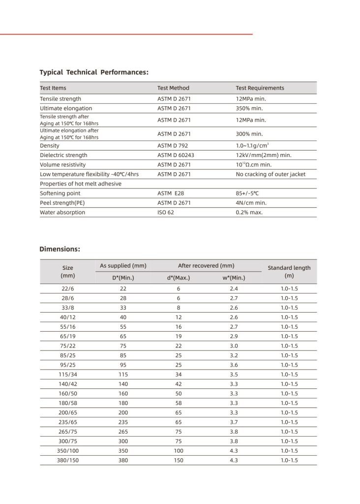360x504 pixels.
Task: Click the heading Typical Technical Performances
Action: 94,72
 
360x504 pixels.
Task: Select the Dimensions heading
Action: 60,249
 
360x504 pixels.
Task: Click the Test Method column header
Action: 173,88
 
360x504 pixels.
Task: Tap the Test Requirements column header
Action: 260,88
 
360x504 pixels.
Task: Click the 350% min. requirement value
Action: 249,108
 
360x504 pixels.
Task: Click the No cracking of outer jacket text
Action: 270,174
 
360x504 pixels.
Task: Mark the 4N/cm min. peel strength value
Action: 251,203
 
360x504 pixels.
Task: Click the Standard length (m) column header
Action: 289,272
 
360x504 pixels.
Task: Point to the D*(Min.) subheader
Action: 123,278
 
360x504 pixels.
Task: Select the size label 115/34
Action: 68,375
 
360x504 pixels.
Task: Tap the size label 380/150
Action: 68,460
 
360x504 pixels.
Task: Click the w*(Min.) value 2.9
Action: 234,336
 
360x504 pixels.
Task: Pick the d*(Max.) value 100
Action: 179,451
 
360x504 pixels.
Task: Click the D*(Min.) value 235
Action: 123,422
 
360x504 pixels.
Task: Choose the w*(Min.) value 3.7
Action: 234,422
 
